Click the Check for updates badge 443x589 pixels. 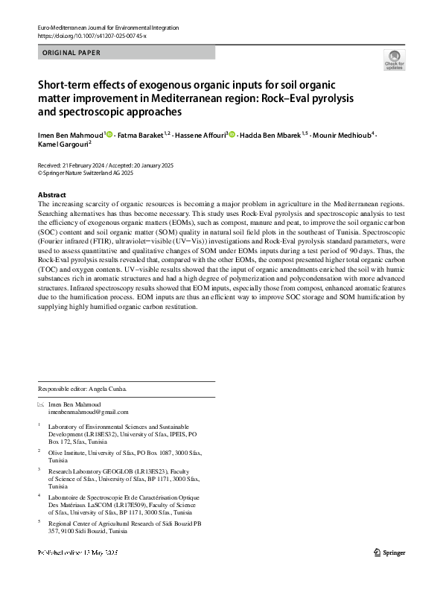(x=394, y=60)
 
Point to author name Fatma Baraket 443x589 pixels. (x=139, y=135)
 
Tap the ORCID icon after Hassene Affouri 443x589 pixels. (x=232, y=135)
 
